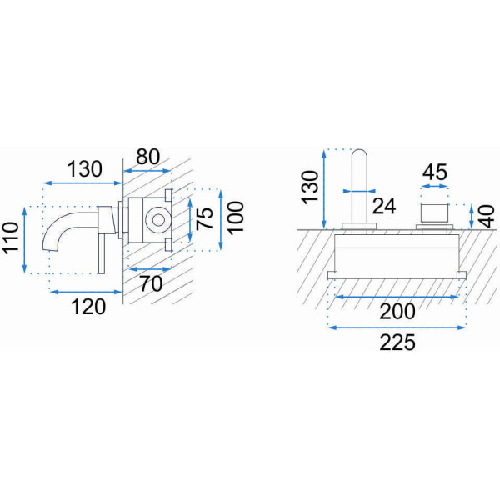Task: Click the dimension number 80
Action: (147, 157)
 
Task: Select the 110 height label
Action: (11, 237)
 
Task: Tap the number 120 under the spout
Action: (88, 307)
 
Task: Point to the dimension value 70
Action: (151, 283)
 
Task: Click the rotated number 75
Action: (204, 218)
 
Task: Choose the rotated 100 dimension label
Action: (236, 217)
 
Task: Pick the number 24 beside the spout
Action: (384, 206)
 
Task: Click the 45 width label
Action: (435, 172)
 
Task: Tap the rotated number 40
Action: (487, 217)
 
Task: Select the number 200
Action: (397, 311)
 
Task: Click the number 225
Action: (397, 342)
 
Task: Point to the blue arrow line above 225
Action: (397, 327)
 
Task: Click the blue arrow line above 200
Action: (397, 297)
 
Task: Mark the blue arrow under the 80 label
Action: (147, 171)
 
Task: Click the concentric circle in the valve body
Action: (158, 220)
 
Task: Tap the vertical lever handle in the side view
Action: (102, 254)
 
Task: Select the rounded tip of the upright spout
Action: (359, 152)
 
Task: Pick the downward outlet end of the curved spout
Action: (51, 248)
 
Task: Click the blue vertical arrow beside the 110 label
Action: (24, 240)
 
